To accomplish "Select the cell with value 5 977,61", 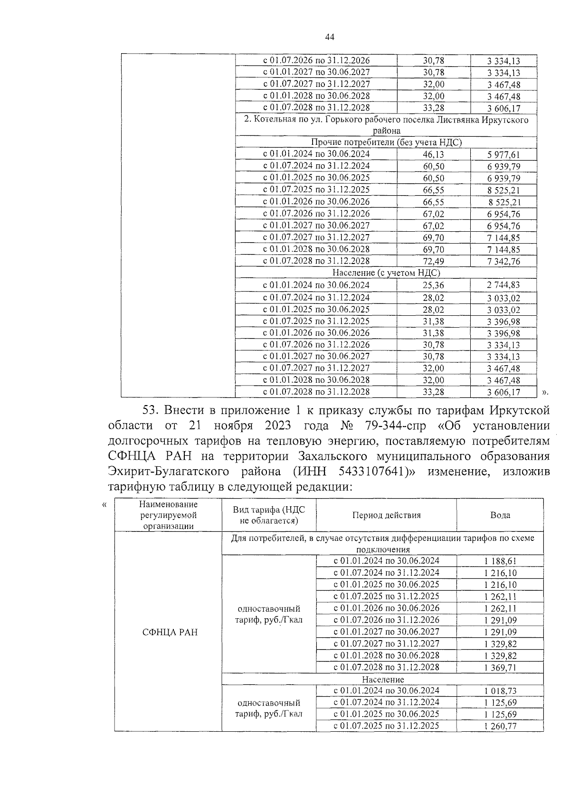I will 503,155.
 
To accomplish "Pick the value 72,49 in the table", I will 433,262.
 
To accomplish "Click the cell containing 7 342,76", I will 503,262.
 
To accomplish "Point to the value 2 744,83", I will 503,285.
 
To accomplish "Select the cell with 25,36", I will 433,285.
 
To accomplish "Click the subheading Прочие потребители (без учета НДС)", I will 386,142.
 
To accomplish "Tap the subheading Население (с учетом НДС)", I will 386,273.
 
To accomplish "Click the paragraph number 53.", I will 152,410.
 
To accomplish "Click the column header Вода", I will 500,515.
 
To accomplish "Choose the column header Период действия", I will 386,515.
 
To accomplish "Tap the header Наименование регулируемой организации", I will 168,515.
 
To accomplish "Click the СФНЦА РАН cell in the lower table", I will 170,633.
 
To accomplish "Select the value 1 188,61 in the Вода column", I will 500,561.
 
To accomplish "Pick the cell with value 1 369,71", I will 500,668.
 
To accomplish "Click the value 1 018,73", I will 500,691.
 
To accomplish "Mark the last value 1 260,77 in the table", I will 500,727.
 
